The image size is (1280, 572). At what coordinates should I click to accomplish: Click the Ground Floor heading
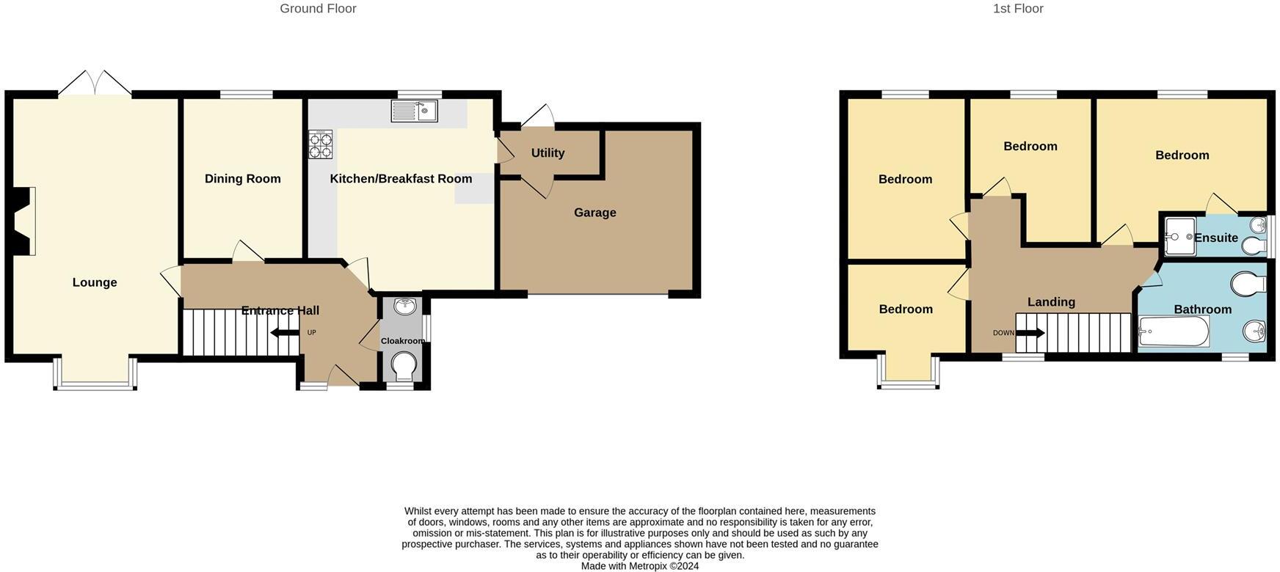point(318,9)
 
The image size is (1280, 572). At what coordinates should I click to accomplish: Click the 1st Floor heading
point(1018,9)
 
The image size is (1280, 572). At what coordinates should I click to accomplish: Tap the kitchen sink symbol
point(414,111)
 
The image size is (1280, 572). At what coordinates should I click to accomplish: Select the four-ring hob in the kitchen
point(320,144)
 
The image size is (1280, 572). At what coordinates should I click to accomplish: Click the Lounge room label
point(95,282)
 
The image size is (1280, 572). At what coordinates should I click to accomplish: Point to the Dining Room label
point(242,179)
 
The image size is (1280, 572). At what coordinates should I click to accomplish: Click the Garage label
point(594,213)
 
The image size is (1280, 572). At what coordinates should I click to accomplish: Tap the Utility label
point(548,153)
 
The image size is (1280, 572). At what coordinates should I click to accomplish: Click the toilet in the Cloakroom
point(403,364)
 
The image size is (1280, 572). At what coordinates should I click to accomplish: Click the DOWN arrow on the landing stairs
point(1030,333)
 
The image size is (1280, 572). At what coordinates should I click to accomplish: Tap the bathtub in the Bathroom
point(1173,331)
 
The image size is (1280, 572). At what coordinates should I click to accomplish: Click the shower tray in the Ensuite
point(1179,237)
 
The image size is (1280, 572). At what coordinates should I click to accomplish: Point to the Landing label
point(1051,302)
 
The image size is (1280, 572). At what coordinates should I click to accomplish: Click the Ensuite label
point(1215,238)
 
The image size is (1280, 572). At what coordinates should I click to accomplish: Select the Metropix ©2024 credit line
point(639,566)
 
